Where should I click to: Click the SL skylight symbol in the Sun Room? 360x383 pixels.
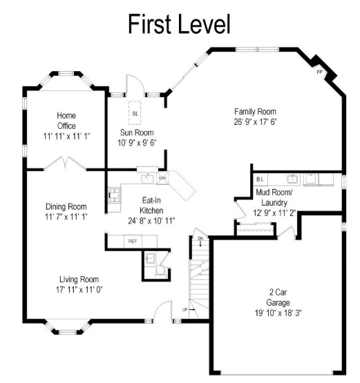click(x=135, y=112)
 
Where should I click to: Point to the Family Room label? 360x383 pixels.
click(x=254, y=112)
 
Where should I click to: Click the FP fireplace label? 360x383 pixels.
click(x=319, y=72)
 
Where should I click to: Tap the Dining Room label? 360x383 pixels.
click(x=66, y=206)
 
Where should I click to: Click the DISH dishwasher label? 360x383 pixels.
click(x=163, y=178)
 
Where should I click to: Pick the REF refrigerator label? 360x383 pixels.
click(x=132, y=242)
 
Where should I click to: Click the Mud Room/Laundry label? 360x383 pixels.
click(x=274, y=198)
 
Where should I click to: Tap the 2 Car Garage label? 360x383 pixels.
click(x=278, y=296)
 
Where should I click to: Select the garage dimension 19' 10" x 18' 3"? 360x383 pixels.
click(x=279, y=313)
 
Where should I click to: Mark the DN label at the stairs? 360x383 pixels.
click(x=200, y=239)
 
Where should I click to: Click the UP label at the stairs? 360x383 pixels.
click(x=184, y=308)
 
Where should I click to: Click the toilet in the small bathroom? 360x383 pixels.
click(x=151, y=261)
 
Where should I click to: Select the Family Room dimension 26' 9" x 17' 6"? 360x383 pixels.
click(x=254, y=122)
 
